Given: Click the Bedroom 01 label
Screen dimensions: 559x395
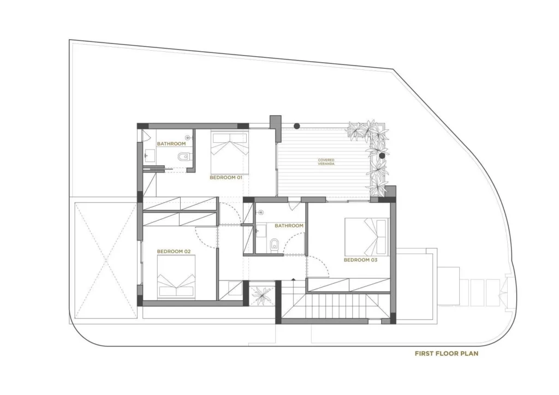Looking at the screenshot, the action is tap(225, 177).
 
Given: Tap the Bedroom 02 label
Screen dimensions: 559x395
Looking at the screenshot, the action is tap(174, 252).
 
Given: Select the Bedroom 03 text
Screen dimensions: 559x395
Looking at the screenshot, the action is tap(360, 260).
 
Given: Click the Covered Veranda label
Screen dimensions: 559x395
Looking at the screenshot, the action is tap(326, 162).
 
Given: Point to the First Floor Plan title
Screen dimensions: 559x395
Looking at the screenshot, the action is tap(447, 354).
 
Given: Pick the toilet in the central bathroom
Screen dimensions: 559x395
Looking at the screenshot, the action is tap(275, 244).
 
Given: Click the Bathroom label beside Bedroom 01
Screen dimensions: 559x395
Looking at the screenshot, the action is tap(171, 144).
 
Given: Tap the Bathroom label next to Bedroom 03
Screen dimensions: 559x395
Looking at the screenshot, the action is tap(289, 226).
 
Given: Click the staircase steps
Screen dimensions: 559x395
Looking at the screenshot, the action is tap(335, 303).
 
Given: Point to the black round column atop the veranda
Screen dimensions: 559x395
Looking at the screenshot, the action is tap(296, 125).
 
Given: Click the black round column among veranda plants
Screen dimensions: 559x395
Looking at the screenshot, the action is tap(382, 155).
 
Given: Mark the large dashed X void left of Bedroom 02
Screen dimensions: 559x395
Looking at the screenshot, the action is tap(106, 260).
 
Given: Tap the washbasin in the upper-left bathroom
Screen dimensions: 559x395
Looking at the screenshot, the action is tap(150, 156).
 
